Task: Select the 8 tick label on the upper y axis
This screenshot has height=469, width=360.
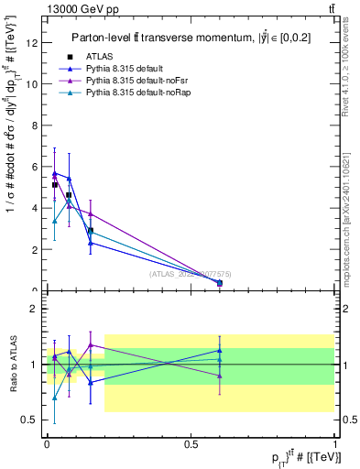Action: pos(35,125)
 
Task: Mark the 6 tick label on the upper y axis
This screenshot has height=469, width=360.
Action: pos(35,167)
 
